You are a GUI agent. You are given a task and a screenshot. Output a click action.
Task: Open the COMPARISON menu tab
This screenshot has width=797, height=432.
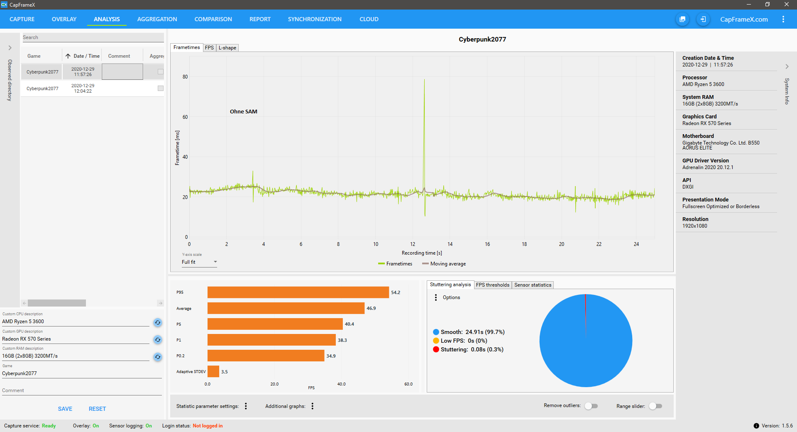213,19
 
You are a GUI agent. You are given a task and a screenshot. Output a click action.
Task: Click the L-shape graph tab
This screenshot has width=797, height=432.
227,48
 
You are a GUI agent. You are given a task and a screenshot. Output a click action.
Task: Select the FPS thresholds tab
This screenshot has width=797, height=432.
492,285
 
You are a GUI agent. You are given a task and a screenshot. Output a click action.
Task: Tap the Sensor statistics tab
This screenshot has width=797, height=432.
533,285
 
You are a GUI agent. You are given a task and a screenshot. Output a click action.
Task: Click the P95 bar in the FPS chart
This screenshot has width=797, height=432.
298,292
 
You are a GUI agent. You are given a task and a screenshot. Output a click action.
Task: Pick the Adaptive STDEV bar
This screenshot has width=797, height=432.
213,371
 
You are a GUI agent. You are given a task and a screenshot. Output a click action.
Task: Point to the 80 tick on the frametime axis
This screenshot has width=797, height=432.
185,77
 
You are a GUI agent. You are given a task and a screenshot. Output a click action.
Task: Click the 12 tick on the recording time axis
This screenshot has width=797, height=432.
413,244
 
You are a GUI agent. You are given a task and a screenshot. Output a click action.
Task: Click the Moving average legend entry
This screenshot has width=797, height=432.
444,264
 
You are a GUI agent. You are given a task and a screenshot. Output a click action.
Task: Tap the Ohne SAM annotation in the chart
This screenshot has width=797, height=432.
244,112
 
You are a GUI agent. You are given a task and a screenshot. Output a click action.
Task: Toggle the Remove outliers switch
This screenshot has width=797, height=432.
591,406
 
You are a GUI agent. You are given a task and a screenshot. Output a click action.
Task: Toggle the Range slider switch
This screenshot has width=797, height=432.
655,406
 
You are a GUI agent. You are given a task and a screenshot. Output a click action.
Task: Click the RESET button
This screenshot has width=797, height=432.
97,409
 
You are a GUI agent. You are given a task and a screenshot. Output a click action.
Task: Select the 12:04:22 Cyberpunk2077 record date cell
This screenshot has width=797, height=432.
83,88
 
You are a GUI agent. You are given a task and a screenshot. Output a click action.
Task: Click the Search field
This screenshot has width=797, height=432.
93,37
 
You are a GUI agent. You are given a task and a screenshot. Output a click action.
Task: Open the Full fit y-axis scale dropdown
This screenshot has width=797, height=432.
199,262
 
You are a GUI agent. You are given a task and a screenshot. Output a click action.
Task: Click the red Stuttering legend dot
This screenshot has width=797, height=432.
436,349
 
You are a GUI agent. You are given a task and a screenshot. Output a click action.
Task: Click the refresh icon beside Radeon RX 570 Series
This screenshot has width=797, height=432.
158,339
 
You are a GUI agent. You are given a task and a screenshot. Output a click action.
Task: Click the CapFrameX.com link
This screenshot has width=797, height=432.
744,19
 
